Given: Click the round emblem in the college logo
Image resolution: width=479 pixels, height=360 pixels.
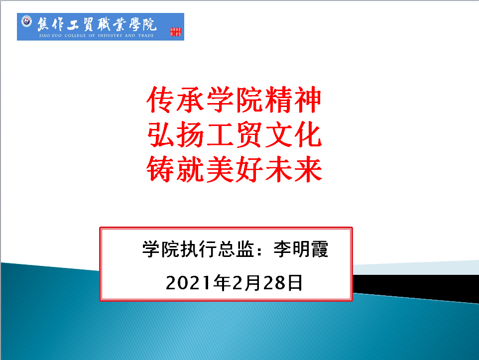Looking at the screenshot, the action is click(x=26, y=21).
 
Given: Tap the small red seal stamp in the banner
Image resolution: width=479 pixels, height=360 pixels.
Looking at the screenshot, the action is click(x=176, y=32).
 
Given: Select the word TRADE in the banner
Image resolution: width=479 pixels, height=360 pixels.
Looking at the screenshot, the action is click(x=146, y=35).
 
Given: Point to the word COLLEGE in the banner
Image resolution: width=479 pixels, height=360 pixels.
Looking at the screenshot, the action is click(x=75, y=35).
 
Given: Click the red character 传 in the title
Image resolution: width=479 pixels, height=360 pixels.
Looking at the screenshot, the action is click(x=160, y=100).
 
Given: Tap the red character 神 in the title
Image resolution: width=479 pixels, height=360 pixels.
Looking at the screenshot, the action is click(x=308, y=100).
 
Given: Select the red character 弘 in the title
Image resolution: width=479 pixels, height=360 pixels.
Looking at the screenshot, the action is click(x=160, y=134).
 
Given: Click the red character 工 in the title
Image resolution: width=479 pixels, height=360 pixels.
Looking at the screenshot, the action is click(x=220, y=134).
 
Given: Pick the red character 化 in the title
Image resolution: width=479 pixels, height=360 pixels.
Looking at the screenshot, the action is click(x=308, y=134).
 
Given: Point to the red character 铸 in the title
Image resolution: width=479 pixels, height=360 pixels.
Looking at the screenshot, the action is click(x=160, y=169).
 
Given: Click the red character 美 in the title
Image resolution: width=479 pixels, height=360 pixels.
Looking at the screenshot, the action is click(x=220, y=169).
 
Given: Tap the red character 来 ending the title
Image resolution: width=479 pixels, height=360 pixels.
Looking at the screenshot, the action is click(x=308, y=169).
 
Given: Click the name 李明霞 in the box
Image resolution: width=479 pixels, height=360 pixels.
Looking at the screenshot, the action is click(x=301, y=249).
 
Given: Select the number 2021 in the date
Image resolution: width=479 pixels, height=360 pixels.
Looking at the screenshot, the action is click(x=188, y=283).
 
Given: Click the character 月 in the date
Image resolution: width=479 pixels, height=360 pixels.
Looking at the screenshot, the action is click(x=253, y=283).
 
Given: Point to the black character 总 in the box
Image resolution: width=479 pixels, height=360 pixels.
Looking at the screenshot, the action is click(x=226, y=249).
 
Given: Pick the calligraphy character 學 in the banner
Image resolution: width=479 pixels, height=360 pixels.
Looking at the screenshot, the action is click(x=134, y=24).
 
